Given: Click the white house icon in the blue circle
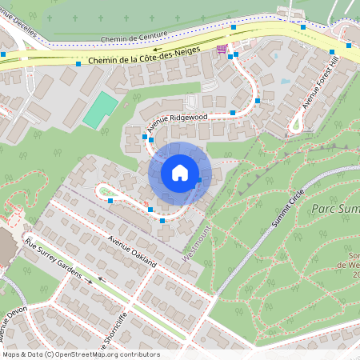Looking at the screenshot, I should tap(180, 172).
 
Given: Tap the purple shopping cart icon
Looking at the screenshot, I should tap(221, 49).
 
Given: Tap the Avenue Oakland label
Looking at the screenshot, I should tap(133, 250).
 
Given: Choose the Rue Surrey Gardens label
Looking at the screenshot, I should tap(54, 259).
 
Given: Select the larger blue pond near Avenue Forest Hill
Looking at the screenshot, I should tap(286, 80).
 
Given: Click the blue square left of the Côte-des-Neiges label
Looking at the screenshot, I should tap(78, 63).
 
